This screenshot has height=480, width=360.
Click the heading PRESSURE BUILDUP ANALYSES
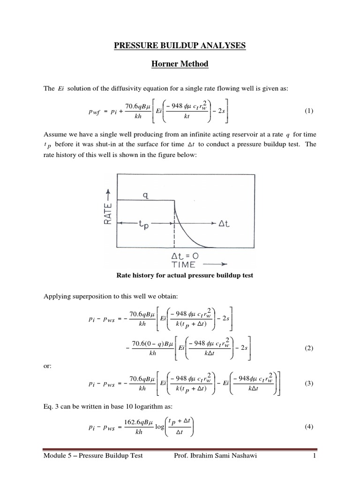click(180, 45)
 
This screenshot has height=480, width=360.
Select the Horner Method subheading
click(180, 64)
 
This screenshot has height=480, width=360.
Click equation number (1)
click(308, 111)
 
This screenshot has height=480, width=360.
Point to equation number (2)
click(308, 348)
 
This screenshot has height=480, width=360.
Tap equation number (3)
click(308, 383)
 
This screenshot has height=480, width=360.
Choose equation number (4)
click(308, 426)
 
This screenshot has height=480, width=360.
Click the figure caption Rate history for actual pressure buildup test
click(184, 276)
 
